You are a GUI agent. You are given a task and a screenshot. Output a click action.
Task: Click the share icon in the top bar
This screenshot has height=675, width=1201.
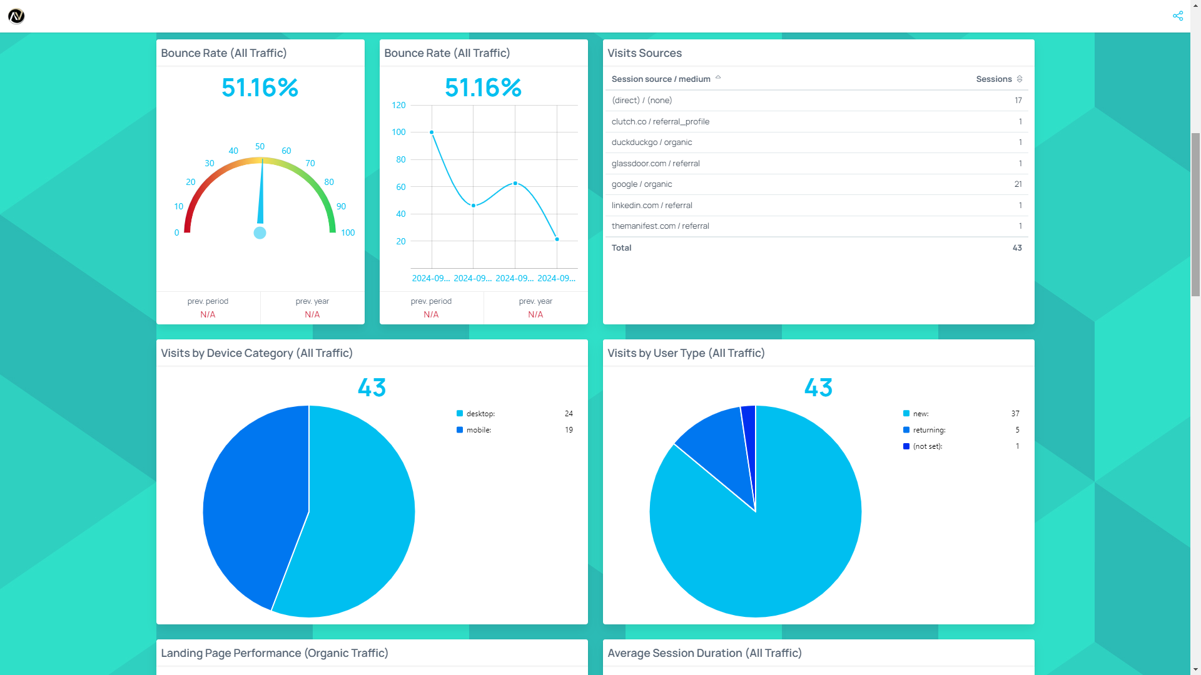pyautogui.click(x=1178, y=16)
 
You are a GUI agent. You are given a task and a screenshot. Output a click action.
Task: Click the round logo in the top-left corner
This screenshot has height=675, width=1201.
pyautogui.click(x=16, y=16)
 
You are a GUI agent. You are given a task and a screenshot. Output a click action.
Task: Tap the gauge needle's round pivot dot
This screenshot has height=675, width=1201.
pyautogui.click(x=260, y=233)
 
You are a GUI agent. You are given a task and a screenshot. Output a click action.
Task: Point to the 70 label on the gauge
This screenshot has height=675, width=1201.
pyautogui.click(x=310, y=163)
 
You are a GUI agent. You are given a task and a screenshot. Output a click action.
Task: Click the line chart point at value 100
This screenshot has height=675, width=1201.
pyautogui.click(x=432, y=132)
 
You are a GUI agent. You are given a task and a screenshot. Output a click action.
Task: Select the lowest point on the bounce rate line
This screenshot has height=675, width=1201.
pyautogui.click(x=557, y=239)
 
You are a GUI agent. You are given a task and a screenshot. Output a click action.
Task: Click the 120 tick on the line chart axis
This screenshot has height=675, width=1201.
pyautogui.click(x=398, y=105)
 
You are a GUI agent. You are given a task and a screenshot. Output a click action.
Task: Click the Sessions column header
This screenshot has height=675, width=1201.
pyautogui.click(x=994, y=79)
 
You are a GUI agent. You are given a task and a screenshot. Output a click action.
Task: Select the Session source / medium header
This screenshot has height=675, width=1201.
pyautogui.click(x=661, y=79)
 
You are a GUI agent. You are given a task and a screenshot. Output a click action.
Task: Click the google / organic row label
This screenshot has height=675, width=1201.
pyautogui.click(x=642, y=184)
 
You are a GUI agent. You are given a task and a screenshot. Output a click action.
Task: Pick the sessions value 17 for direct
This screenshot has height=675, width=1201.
pyautogui.click(x=1018, y=101)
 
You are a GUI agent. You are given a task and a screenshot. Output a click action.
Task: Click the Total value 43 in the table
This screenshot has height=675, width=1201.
pyautogui.click(x=1017, y=248)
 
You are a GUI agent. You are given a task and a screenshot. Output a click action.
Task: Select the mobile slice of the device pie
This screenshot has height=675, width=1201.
pyautogui.click(x=250, y=500)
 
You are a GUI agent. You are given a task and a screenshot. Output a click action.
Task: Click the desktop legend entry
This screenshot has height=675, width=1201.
pyautogui.click(x=480, y=414)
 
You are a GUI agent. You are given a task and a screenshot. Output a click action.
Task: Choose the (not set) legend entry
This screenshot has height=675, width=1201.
pyautogui.click(x=927, y=446)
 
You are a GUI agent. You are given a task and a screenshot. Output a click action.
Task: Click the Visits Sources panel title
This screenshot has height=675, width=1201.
pyautogui.click(x=644, y=53)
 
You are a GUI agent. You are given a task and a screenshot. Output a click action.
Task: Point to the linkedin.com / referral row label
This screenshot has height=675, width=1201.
pyautogui.click(x=652, y=206)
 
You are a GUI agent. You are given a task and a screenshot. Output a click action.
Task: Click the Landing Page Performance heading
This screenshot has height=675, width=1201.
pyautogui.click(x=275, y=653)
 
